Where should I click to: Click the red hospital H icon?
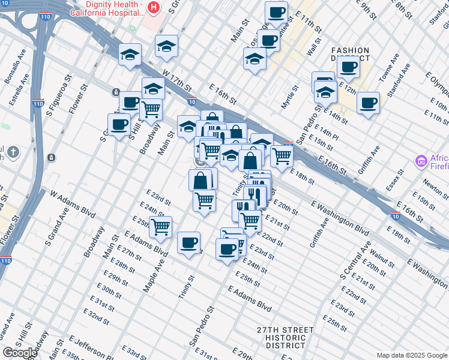[154, 7]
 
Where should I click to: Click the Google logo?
[20, 353]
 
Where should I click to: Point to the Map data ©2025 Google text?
[412, 355]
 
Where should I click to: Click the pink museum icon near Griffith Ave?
[421, 161]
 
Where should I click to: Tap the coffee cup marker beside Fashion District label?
[348, 67]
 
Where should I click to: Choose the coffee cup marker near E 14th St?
[368, 103]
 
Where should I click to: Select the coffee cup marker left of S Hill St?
[119, 124]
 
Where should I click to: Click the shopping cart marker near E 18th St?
[282, 156]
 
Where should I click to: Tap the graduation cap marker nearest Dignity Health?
[166, 46]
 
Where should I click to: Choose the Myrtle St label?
[291, 97]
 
